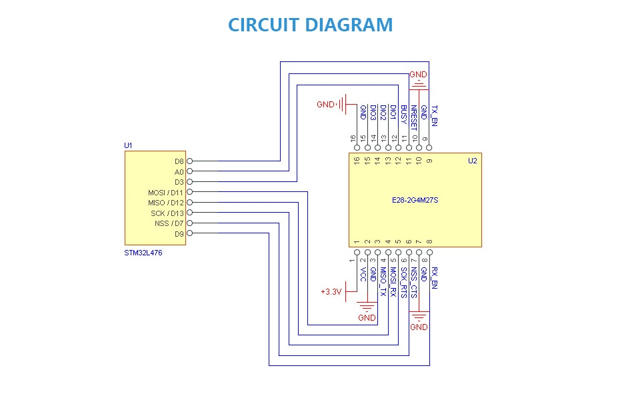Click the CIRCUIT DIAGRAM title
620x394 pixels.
pos(311,25)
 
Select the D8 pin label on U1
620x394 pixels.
pos(179,161)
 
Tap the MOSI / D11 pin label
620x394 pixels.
pos(166,193)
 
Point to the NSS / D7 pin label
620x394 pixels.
pos(169,223)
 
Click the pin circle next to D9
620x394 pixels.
pos(190,233)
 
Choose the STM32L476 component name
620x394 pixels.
pos(143,253)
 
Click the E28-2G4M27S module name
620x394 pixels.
pos(415,200)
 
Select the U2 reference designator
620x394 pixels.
pos(473,161)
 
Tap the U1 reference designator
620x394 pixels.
pos(128,145)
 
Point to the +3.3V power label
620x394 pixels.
pos(331,292)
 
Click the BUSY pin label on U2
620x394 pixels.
pos(404,114)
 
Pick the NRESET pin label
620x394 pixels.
pos(414,118)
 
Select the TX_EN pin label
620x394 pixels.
pos(435,115)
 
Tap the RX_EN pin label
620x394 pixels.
pos(435,278)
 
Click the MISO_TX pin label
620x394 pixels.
pos(383,281)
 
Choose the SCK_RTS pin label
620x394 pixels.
pos(404,283)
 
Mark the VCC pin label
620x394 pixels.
pos(363,275)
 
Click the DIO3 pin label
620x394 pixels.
pos(373,113)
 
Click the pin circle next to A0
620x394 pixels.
pos(190,171)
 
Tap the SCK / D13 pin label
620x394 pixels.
pos(167,213)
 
